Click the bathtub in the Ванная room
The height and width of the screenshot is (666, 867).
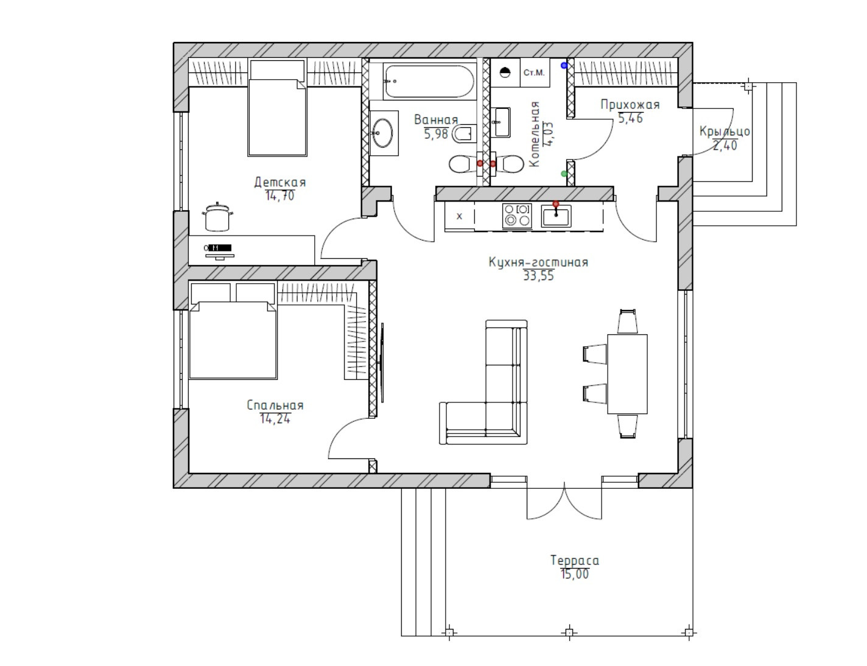pos(429,81)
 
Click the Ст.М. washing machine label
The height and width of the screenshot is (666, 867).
pos(534,72)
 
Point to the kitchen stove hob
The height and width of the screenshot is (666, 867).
pos(517,216)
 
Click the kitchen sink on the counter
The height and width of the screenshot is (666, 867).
pos(556,216)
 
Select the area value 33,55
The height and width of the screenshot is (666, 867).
pos(539,276)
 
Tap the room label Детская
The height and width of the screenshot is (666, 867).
pos(280,182)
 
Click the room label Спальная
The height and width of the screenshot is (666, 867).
pos(275,405)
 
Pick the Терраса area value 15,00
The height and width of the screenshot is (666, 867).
pos(575,574)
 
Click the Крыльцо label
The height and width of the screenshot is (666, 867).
pos(725,131)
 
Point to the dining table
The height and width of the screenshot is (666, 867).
pos(627,374)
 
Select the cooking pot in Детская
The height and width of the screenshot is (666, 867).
pos(217,217)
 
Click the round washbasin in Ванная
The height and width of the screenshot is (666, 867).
pos(382,132)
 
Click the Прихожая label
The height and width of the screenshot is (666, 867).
pos(630,105)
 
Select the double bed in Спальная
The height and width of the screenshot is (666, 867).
pos(233,340)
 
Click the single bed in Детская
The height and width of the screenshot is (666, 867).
pos(277,108)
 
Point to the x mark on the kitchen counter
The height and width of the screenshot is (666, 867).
pos(459,216)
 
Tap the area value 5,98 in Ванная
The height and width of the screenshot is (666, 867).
pos(436,133)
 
